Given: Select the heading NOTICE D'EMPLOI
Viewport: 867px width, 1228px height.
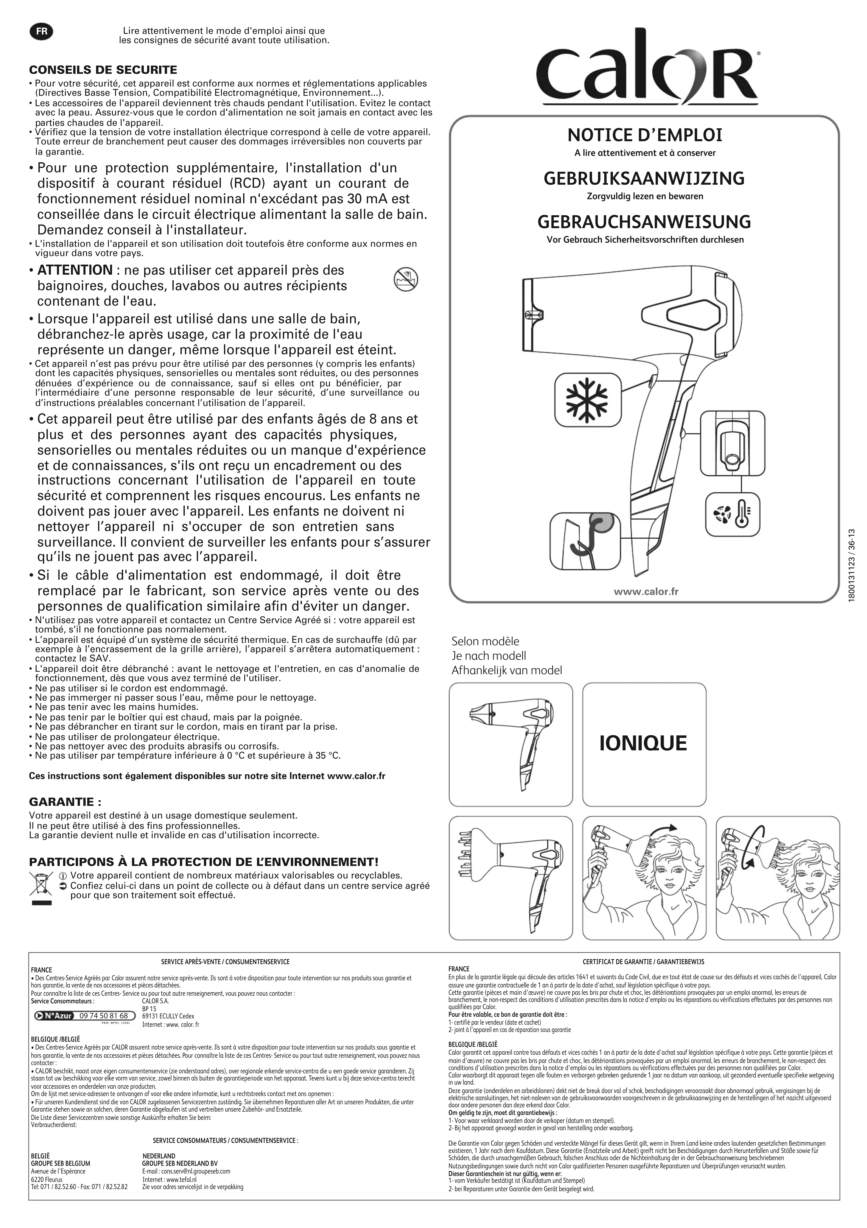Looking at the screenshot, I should coord(645,135).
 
